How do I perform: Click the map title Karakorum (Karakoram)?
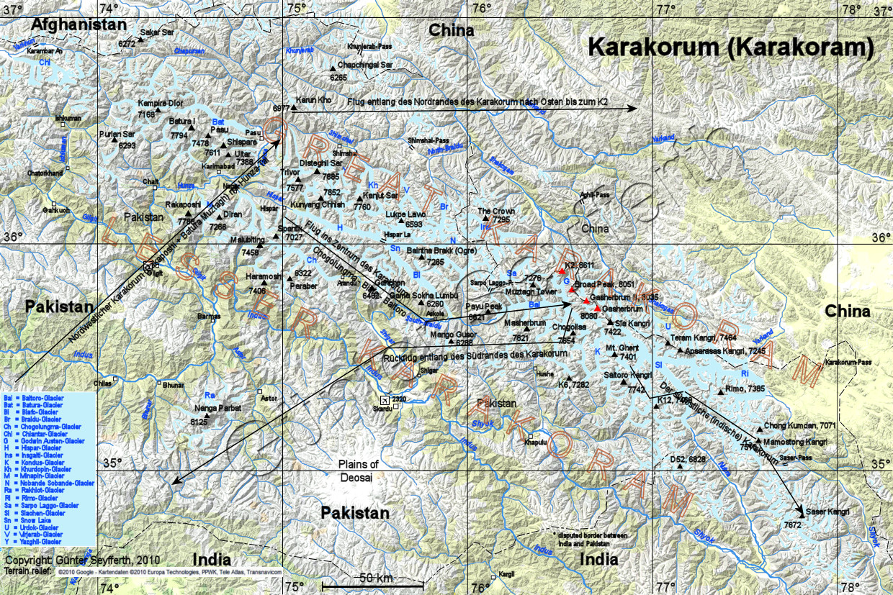731,47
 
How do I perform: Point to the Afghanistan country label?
78,24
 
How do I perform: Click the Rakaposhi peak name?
183,204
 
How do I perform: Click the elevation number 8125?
199,422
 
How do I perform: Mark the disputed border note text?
591,540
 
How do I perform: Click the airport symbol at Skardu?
385,400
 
